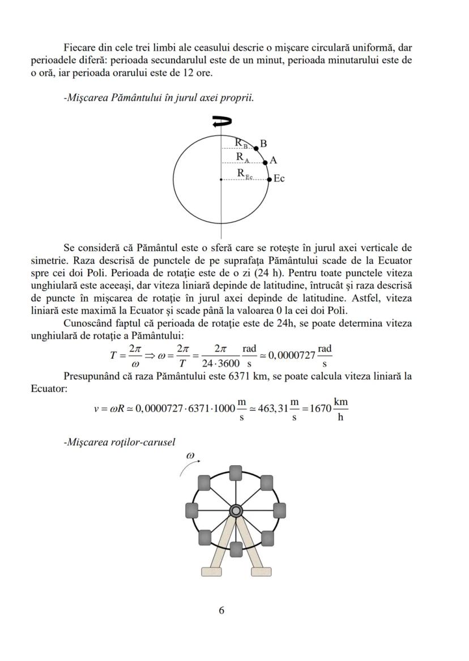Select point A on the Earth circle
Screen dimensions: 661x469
point(265,162)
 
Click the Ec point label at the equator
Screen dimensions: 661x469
point(279,179)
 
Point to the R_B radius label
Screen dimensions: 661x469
point(242,143)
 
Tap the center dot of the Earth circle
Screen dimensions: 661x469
point(221,179)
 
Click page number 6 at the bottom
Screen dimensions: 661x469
point(221,610)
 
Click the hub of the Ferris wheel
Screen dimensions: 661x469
point(236,511)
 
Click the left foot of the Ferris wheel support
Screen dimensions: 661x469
point(211,572)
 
